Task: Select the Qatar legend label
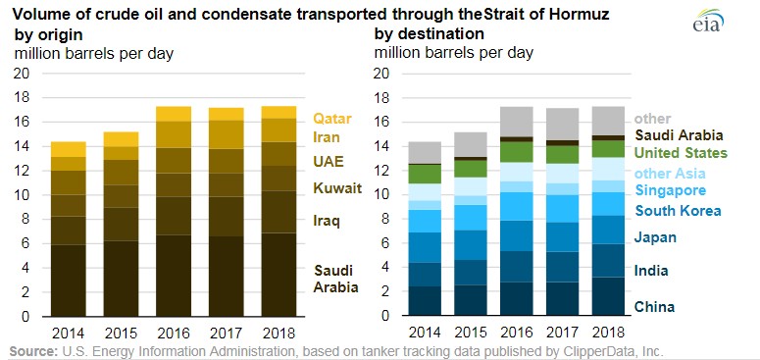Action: [332, 119]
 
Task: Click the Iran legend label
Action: [329, 138]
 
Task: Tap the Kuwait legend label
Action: [336, 187]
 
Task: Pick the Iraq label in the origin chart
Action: [327, 221]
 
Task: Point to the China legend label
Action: [654, 307]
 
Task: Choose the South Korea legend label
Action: [678, 211]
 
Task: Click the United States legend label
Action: [681, 153]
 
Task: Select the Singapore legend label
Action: [671, 190]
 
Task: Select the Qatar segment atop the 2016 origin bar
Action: [174, 114]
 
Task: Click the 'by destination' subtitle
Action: [423, 35]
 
